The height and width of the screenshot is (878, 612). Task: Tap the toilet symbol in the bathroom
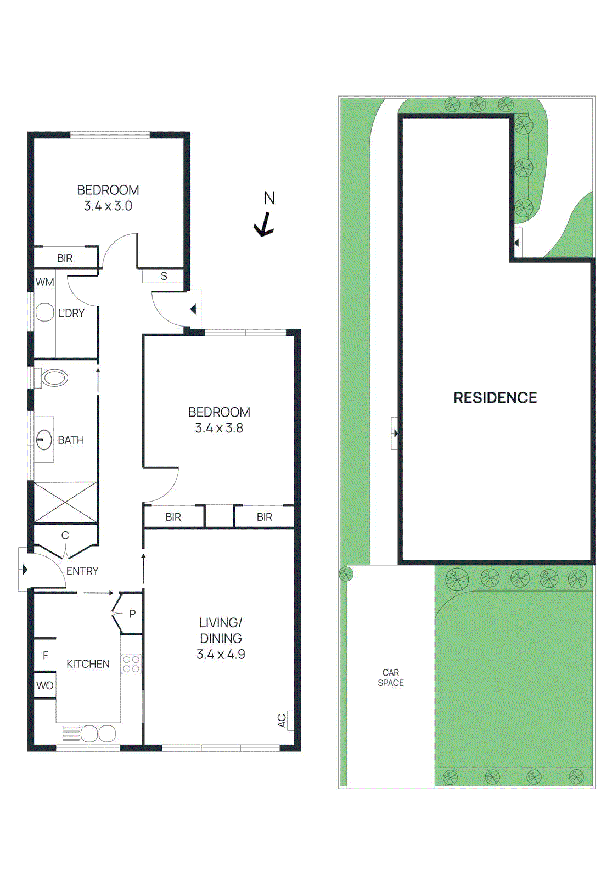54,378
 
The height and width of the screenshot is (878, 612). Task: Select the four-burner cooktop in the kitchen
131,664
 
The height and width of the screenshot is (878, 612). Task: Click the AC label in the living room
282,721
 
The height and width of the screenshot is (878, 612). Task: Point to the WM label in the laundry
44,282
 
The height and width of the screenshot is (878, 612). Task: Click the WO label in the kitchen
45,685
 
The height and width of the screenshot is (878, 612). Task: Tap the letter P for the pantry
132,614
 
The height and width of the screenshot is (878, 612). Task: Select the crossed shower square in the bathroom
65,502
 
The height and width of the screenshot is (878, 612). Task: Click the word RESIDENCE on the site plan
495,398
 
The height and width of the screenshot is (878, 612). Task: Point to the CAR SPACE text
391,678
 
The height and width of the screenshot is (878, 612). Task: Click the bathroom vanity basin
44,440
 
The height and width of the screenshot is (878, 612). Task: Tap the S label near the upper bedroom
164,276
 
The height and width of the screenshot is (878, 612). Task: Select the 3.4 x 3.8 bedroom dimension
219,428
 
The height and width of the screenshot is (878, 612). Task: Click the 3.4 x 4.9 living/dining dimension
221,654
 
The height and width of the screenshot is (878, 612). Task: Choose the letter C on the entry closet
65,535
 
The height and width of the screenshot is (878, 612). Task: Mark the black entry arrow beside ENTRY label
24,570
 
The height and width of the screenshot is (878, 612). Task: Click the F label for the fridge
46,655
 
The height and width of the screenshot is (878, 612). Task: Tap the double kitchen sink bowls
98,733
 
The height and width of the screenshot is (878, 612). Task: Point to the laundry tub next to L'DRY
44,313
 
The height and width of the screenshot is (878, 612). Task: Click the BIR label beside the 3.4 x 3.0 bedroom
65,258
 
